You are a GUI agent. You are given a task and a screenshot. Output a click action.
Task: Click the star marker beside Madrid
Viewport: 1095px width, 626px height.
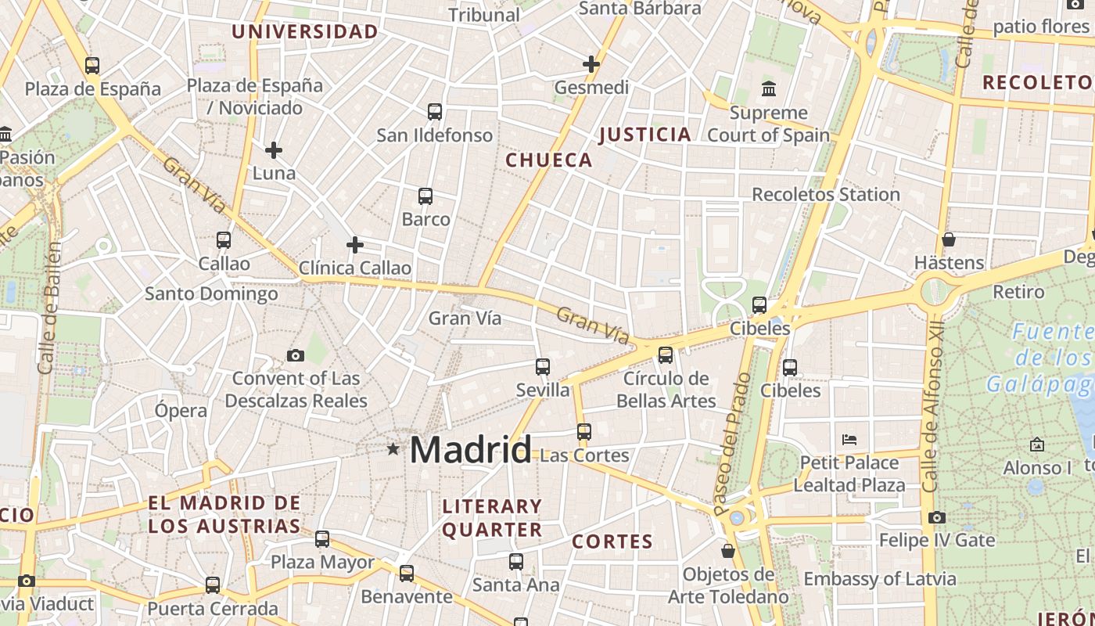pos(393,449)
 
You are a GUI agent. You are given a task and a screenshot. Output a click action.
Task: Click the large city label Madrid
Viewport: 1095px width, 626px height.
pos(470,450)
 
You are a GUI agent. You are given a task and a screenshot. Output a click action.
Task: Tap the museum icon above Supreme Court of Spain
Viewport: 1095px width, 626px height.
pos(769,88)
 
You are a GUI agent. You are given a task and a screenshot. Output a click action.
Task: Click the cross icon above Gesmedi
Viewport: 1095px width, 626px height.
pos(591,64)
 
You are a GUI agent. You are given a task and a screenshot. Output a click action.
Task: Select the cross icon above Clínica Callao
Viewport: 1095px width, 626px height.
pos(355,245)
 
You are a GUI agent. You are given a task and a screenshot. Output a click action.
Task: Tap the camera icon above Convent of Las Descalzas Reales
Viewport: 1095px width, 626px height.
pos(296,355)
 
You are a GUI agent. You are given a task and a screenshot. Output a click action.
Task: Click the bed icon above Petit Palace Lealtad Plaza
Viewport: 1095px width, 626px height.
pos(849,439)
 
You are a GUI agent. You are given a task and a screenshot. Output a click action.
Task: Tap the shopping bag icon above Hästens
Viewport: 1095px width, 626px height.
pos(949,239)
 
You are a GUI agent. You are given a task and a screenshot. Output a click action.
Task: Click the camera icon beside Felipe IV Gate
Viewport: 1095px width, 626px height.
pos(937,517)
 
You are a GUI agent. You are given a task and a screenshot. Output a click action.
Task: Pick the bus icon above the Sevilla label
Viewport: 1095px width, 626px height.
pos(543,366)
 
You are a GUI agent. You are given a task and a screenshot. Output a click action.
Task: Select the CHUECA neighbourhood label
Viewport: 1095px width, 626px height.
pos(549,160)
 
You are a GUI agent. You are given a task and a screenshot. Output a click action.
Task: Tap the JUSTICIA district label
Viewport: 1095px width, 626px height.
pos(645,135)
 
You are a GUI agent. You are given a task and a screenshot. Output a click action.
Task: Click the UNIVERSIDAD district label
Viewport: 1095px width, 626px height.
pos(305,32)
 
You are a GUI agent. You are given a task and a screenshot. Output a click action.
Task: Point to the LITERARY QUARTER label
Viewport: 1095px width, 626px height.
pos(492,518)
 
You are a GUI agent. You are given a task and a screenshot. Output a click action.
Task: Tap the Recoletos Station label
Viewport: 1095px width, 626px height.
pos(826,194)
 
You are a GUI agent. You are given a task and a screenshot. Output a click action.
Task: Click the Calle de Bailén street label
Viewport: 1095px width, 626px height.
pos(49,308)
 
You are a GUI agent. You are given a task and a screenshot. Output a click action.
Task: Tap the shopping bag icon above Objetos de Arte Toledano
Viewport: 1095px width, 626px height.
pos(728,551)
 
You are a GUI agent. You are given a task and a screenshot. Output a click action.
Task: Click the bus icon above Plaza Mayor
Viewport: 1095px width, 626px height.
pos(322,538)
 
